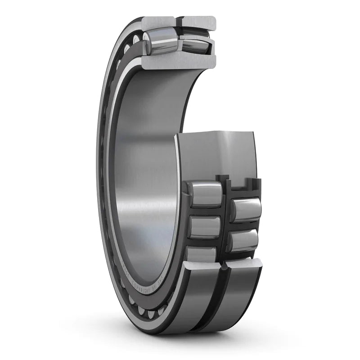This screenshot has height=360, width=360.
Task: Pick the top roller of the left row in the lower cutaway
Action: tap(205, 194)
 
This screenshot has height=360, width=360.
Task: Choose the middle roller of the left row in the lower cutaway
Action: tap(205, 227)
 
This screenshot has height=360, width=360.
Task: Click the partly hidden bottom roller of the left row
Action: tap(202, 254)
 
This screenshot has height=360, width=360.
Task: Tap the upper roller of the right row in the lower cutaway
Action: tap(246, 210)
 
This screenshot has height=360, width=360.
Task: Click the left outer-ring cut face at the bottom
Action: tap(202, 265)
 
